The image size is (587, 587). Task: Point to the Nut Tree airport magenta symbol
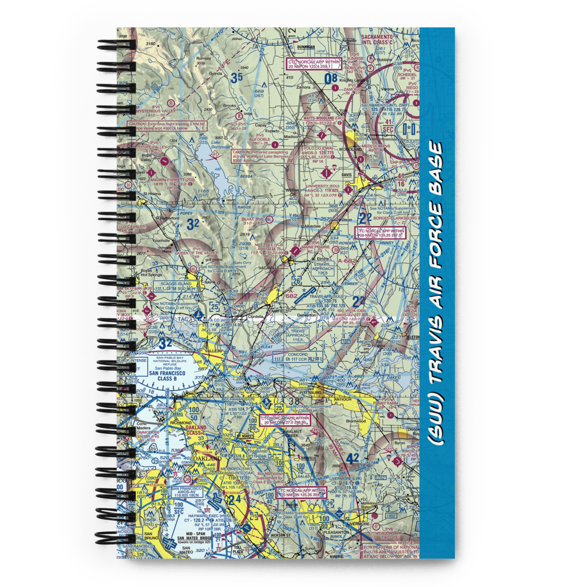pyautogui.click(x=293, y=252)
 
